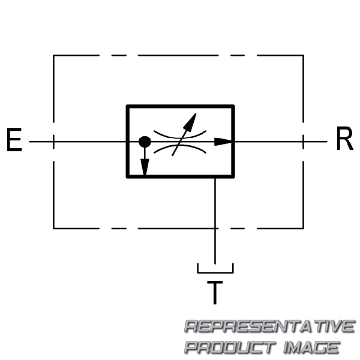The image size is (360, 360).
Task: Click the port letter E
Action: tap(14, 140)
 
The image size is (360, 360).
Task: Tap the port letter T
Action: tap(215, 293)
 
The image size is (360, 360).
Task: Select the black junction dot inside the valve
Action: tap(145, 142)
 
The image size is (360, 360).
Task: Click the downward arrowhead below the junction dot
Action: tap(145, 167)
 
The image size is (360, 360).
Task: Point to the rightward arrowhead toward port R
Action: tap(223, 142)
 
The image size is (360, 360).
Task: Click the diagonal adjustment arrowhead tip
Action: tap(196, 113)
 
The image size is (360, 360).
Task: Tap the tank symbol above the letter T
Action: tap(215, 272)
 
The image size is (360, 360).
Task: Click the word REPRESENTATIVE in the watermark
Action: tap(269, 326)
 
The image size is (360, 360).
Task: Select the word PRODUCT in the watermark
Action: tap(230, 347)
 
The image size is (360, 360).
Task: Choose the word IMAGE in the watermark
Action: tap(311, 347)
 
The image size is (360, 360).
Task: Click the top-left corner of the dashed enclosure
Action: tap(53, 55)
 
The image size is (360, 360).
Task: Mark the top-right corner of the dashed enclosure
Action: tap(304, 55)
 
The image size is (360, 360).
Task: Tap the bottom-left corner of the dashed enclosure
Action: tap(53, 229)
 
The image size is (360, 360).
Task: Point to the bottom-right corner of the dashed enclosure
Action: tap(304, 229)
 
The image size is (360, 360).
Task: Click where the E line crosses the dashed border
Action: tap(53, 142)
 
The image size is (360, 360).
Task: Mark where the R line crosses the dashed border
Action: tap(304, 142)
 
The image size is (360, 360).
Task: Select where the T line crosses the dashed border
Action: tap(215, 229)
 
